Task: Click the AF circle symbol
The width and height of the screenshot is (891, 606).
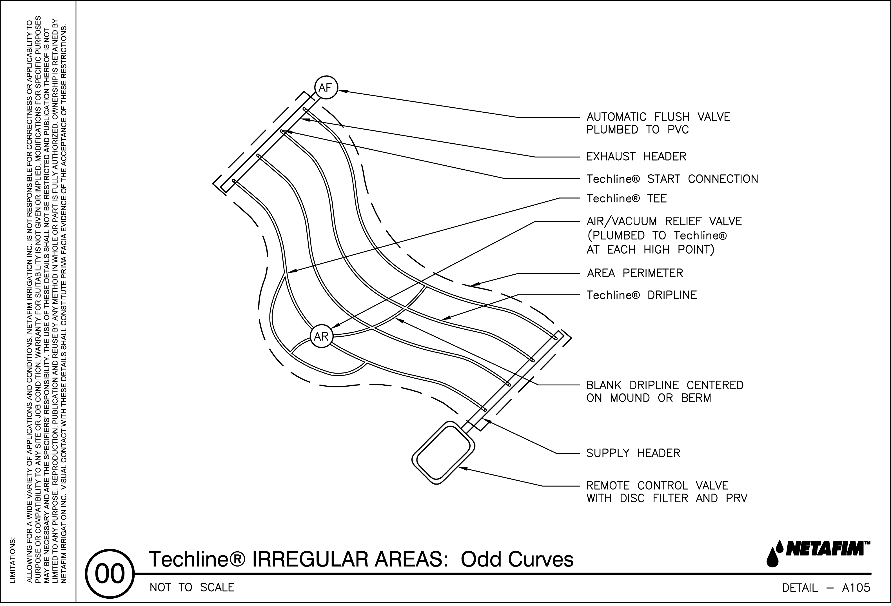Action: tap(326, 88)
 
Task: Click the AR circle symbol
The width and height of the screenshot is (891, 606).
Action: tap(321, 336)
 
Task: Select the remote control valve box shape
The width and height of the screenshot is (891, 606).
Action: tap(443, 452)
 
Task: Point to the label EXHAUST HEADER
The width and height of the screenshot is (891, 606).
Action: tap(636, 156)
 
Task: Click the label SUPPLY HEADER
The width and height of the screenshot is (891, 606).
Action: tap(633, 453)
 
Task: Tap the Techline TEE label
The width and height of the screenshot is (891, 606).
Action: tap(627, 198)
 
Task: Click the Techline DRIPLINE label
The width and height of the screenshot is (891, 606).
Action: tap(641, 295)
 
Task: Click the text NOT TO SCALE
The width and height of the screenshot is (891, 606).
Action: tap(192, 588)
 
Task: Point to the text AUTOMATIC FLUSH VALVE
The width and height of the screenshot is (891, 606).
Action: tap(658, 117)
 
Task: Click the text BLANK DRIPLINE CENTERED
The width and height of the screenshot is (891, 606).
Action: tap(664, 385)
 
